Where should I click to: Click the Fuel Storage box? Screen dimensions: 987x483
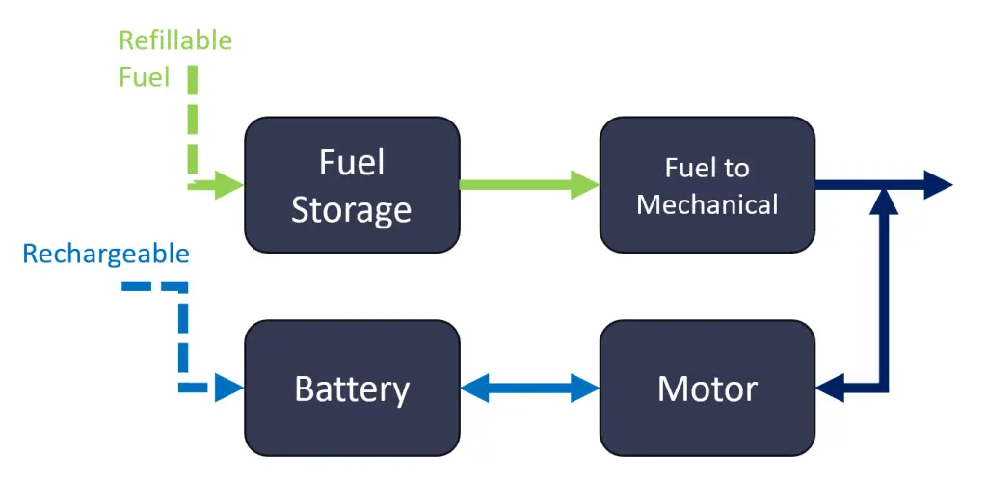[x=352, y=185]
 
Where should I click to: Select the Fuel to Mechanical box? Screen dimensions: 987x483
[x=707, y=185]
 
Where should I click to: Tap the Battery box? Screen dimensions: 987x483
[x=352, y=388]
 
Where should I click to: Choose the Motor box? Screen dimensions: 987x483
[x=707, y=388]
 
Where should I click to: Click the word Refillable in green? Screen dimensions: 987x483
[x=175, y=40]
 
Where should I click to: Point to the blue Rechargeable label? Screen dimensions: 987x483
[x=106, y=255]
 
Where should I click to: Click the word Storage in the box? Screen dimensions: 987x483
[x=351, y=210]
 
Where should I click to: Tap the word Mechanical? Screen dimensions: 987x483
[x=707, y=204]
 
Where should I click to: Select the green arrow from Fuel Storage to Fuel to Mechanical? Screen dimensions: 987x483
[x=529, y=184]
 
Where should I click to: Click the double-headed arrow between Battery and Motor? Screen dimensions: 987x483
[x=529, y=388]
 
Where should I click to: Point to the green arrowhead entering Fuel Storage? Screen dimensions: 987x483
[x=229, y=184]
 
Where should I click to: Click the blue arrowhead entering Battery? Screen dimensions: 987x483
[x=229, y=388]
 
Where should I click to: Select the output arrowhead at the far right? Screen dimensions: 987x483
[x=938, y=184]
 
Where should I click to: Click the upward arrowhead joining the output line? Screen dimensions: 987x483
[x=883, y=201]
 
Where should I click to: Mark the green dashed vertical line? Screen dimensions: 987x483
[x=193, y=120]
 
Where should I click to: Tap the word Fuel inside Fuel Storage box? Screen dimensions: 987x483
[x=352, y=162]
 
